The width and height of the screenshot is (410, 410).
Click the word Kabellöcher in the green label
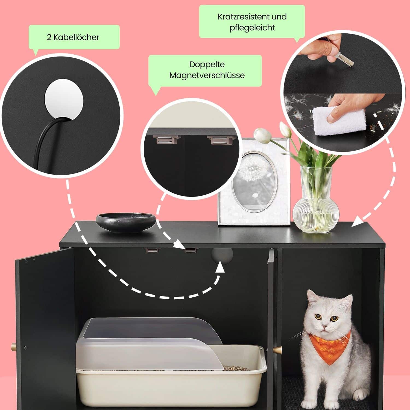click(76, 37)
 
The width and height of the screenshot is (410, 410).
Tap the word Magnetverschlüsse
click(207, 75)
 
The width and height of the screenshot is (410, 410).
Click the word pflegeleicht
click(252, 28)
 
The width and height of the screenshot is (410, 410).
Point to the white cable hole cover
click(64, 99)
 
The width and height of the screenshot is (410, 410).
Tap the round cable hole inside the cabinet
click(222, 254)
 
